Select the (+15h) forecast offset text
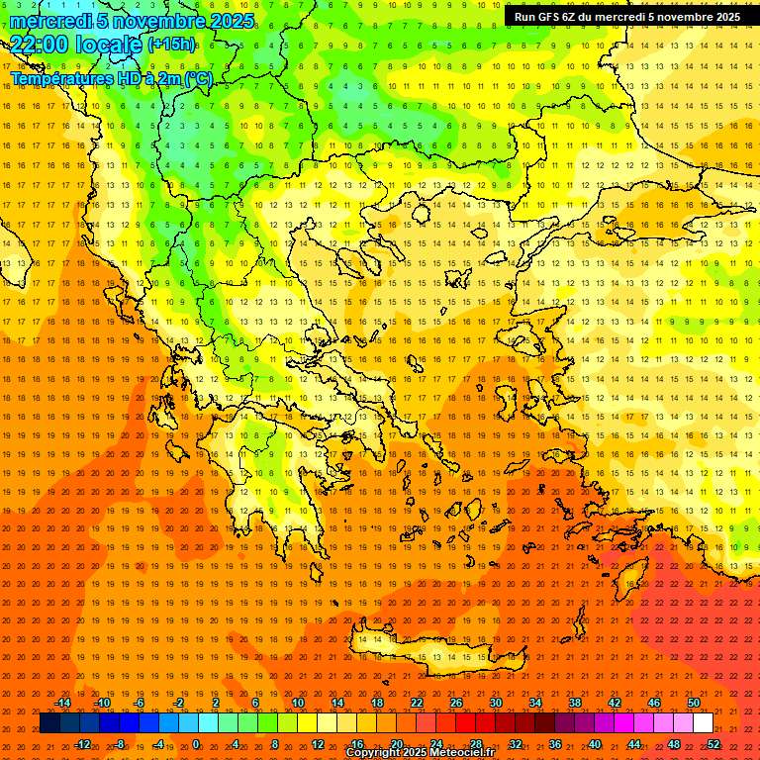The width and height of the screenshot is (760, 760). coord(171,45)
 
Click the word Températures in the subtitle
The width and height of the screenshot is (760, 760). coord(58,78)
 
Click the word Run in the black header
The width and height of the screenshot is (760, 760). coord(525,17)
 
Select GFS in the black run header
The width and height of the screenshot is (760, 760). coord(551,17)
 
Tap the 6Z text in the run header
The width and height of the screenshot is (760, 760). coord(573,17)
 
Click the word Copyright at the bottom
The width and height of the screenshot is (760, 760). coord(373,753)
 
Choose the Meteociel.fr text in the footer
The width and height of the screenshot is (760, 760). coord(466,753)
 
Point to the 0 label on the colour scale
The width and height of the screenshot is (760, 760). coord(195,744)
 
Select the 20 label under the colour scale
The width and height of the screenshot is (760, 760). coord(397,744)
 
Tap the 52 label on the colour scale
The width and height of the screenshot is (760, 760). coord(713,744)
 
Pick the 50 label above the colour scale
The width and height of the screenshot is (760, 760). coord(694,703)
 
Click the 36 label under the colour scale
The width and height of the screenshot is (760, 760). coord(555,744)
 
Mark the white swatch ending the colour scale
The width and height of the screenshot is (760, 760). coord(704,723)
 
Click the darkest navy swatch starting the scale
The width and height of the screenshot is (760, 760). coord(49,723)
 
